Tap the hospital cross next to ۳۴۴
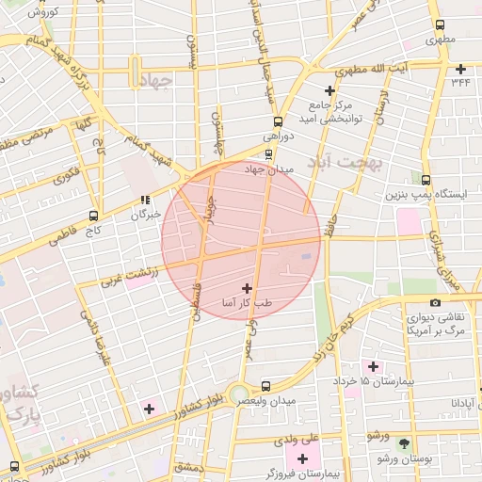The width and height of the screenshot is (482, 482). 460,68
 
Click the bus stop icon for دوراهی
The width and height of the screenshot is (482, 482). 276,121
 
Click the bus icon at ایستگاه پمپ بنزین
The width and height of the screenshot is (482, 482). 426,180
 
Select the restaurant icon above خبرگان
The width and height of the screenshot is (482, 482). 144,199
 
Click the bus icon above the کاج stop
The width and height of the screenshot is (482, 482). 92,215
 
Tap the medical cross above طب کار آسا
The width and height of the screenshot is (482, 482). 247,288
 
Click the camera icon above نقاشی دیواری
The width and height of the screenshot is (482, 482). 435,302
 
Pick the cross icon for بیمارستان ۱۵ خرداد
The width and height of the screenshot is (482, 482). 373,366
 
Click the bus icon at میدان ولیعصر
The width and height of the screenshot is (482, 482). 266,385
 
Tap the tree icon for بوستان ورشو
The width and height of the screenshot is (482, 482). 405,442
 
